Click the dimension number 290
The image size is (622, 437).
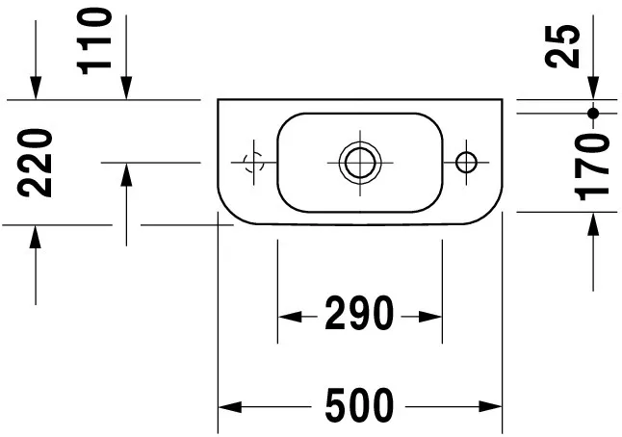(360, 315)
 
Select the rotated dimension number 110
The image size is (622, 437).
(96, 40)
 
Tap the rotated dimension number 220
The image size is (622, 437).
(36, 164)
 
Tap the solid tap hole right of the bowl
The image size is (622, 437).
(465, 161)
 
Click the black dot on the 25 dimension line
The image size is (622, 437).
(593, 114)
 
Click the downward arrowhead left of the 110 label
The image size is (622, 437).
(36, 89)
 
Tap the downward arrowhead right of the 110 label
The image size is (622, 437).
(126, 89)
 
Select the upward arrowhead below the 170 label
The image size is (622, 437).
(593, 222)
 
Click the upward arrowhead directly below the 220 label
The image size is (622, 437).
(36, 236)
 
